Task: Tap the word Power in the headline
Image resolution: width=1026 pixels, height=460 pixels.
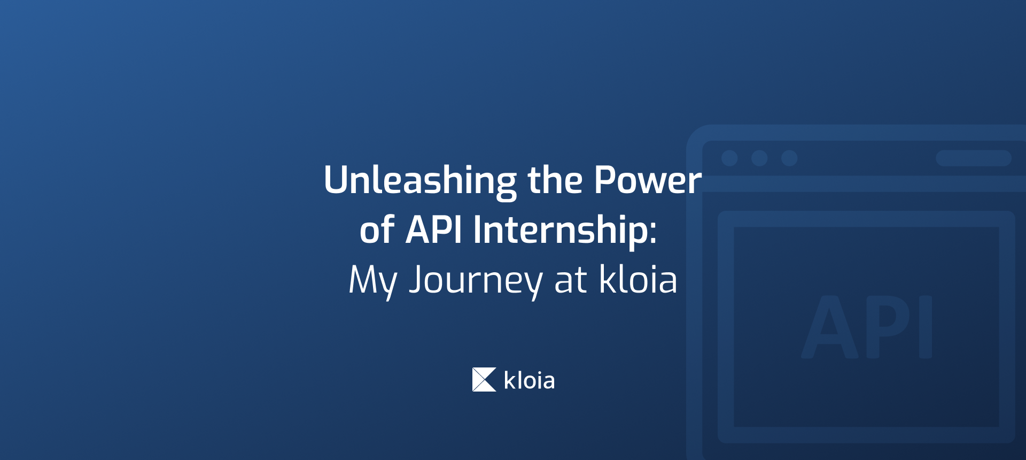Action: point(648,181)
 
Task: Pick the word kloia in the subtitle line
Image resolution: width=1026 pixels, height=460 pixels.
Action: point(638,279)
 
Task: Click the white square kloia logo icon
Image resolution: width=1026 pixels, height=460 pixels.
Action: point(484,380)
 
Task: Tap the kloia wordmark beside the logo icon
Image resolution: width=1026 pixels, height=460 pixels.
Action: point(529,381)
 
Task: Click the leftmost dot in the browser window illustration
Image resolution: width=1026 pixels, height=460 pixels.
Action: point(729,158)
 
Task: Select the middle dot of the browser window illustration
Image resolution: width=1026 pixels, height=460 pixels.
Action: point(759,158)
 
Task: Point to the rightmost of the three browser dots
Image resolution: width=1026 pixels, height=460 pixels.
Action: point(789,158)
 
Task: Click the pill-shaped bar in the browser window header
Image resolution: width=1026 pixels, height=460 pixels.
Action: point(974,158)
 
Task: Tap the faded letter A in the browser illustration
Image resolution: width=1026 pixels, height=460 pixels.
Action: point(829,327)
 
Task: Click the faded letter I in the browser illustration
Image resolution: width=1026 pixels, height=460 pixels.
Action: point(926,327)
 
